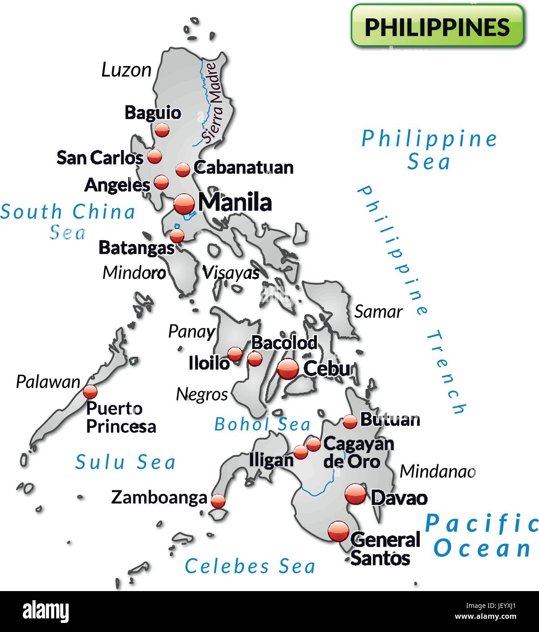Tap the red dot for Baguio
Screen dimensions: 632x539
click(161, 130)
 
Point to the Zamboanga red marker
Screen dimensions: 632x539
click(218, 501)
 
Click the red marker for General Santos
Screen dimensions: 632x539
click(338, 531)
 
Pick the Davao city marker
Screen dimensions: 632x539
click(355, 494)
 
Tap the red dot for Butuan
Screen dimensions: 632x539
click(350, 421)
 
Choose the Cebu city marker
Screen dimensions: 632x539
click(288, 369)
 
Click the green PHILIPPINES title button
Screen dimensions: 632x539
click(437, 26)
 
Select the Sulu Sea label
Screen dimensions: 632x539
click(125, 462)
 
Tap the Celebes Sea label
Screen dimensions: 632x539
click(250, 566)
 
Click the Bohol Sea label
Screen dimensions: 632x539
click(262, 424)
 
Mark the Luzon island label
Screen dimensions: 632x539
click(126, 70)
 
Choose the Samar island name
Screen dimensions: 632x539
click(378, 311)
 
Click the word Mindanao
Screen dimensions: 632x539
click(437, 471)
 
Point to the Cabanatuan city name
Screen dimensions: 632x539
click(243, 167)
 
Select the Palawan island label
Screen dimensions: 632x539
click(48, 381)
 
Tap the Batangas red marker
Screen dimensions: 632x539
click(177, 236)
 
